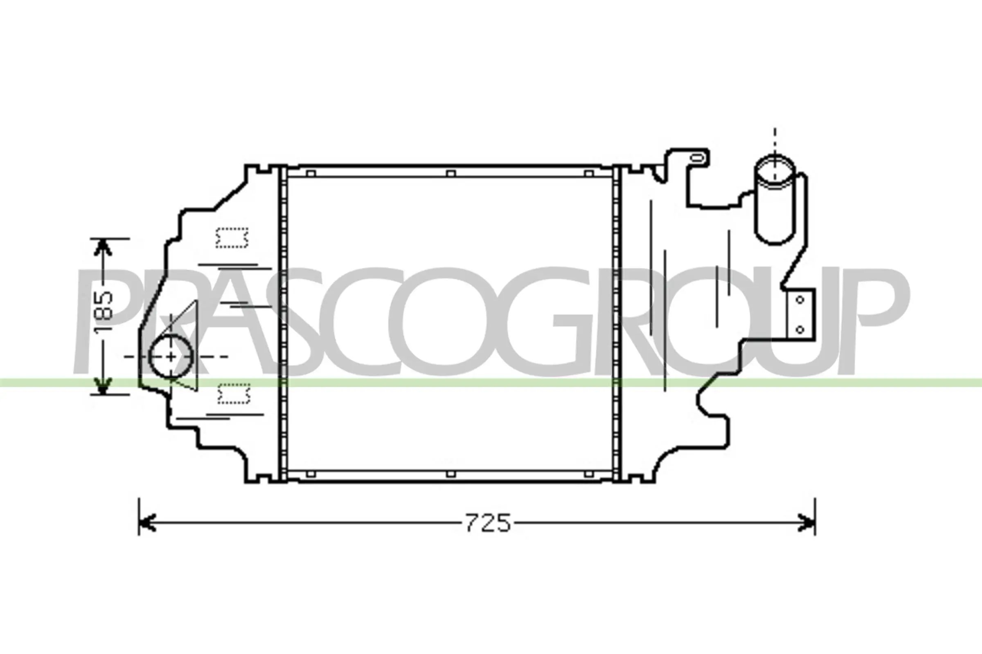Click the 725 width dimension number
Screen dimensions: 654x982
pos(488,523)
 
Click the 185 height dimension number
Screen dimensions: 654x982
pos(103,313)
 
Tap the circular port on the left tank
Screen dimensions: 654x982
pos(171,356)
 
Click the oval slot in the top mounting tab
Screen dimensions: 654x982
pos(697,158)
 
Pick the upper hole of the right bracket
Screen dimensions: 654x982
pos(800,300)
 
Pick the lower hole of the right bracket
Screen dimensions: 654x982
pos(800,330)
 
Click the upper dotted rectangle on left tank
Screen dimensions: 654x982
pos(232,238)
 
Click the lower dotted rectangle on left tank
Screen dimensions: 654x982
pos(234,394)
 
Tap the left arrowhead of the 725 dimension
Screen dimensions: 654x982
pos(146,523)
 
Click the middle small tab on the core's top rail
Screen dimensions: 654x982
pos(450,173)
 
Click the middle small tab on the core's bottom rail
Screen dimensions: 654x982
pos(450,474)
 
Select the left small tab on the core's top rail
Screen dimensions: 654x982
pos(311,173)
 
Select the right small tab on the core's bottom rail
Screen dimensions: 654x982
pos(589,474)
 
